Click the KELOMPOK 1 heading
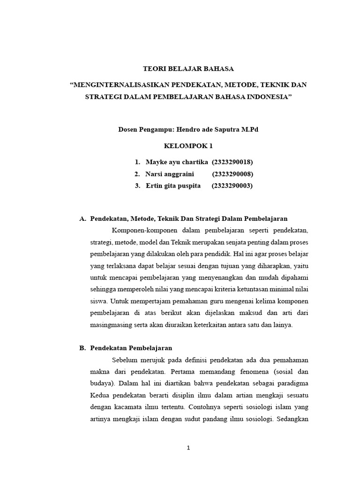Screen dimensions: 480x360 (x=188, y=146)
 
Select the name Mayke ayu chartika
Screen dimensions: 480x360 (x=177, y=162)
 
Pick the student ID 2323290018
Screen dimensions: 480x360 (x=232, y=162)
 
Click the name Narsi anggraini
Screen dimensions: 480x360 (x=170, y=174)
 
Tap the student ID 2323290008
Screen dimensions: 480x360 (x=232, y=174)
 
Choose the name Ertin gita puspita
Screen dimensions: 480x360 (x=173, y=186)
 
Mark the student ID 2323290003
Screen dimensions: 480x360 (x=232, y=186)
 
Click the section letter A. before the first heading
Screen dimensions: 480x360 (x=83, y=219)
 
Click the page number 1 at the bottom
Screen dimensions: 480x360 (x=188, y=448)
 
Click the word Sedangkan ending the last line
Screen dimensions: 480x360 (x=293, y=419)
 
